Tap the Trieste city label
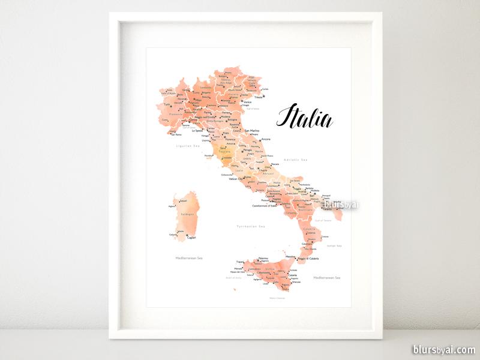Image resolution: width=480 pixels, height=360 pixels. point(259,97)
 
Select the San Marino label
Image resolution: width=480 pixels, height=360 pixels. point(250,130)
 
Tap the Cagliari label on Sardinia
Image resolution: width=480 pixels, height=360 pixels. point(192,238)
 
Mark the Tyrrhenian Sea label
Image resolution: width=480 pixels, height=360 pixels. point(251,226)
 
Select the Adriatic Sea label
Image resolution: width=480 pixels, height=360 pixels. point(295,160)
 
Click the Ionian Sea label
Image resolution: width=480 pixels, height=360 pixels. point(335,245)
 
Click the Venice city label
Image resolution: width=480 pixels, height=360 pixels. point(247,102)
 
